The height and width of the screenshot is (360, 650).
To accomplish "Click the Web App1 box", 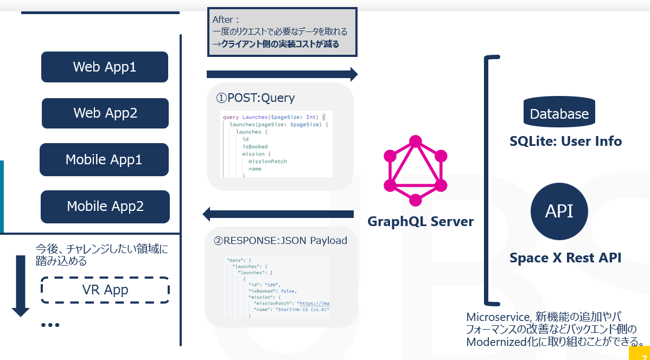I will click(x=105, y=67).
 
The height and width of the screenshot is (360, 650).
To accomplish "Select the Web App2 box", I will click(x=105, y=113).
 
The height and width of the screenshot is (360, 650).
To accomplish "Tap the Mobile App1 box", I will click(x=104, y=159).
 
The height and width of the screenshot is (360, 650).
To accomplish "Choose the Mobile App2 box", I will click(x=105, y=207).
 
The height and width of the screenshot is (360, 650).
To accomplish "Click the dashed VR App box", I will click(x=105, y=290).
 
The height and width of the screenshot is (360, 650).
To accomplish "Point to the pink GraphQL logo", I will click(x=415, y=171).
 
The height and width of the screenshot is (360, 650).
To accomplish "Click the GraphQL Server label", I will click(x=420, y=222).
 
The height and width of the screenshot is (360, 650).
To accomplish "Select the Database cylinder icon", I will click(x=559, y=113).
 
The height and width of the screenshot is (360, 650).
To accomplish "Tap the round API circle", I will click(x=559, y=211).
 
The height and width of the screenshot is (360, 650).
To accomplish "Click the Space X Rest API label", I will click(x=565, y=258).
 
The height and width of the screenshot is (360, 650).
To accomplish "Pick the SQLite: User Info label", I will click(x=565, y=142).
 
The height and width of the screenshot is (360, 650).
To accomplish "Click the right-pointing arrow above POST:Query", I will click(x=282, y=74).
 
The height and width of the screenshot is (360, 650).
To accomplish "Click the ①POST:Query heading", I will click(x=256, y=98).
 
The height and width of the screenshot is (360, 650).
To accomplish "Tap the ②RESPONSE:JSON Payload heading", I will click(x=277, y=240).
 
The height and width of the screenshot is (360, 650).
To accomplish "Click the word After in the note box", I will click(x=222, y=20).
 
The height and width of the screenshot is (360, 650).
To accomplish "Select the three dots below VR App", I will click(x=50, y=325).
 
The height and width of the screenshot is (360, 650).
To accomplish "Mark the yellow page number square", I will click(x=640, y=353).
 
